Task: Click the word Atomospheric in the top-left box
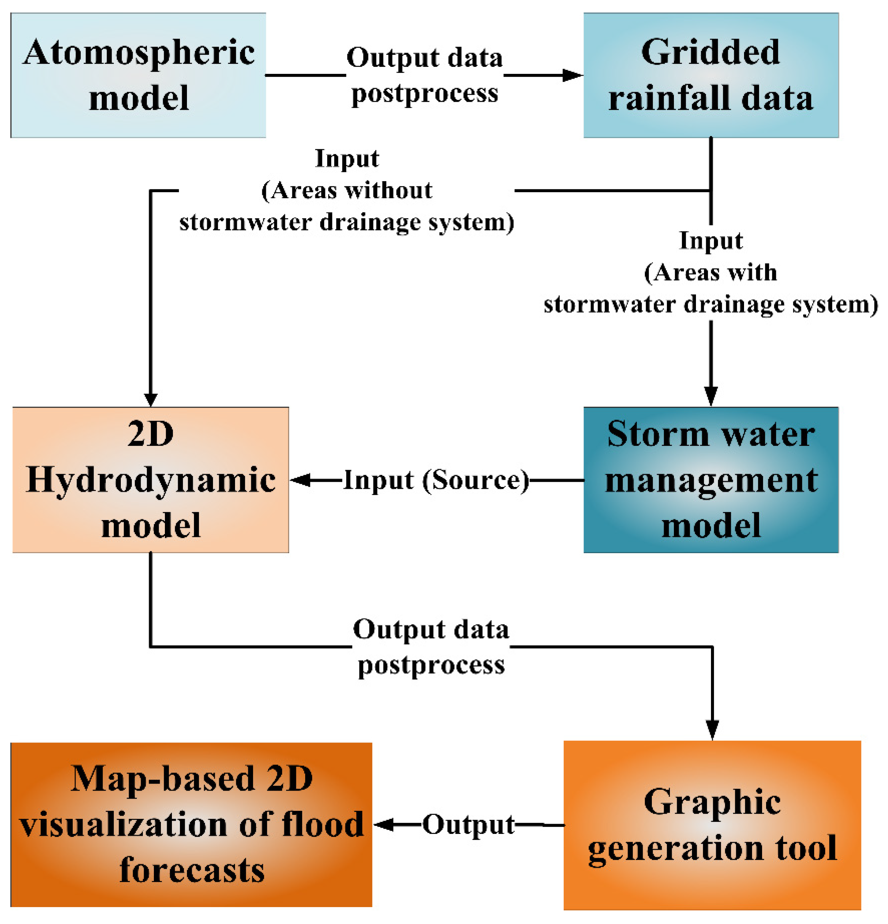[139, 53]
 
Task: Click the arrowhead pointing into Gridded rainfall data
[573, 75]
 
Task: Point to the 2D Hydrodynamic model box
[150, 480]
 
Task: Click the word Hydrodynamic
[150, 480]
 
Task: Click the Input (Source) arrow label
[436, 480]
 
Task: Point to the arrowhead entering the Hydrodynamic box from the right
[300, 480]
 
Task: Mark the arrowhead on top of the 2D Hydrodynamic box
[150, 398]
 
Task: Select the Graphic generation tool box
[712, 825]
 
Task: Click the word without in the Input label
[388, 190]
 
